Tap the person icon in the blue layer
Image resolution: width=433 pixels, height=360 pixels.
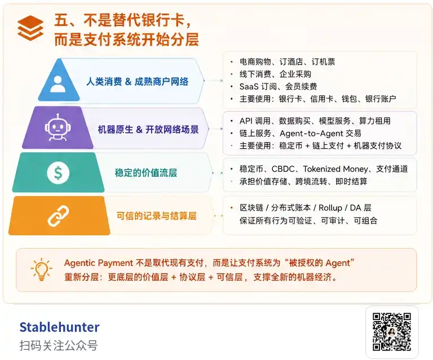coord(57,83)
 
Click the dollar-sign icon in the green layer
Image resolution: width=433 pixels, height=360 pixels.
coord(58,172)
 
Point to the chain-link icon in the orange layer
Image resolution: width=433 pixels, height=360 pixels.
coord(58,215)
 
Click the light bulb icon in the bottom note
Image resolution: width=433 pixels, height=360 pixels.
coord(42,270)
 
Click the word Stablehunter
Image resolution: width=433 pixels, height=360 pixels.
coord(59,327)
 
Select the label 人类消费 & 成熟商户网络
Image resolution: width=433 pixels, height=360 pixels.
coord(138,82)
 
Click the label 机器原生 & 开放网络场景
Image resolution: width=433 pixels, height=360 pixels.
coord(148,129)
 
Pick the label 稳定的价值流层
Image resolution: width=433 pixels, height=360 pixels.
coord(145,172)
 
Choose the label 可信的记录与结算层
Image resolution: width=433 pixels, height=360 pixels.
coord(156,215)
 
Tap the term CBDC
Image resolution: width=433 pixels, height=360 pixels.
coord(283,169)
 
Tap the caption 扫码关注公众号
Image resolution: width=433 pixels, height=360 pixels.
coord(58,345)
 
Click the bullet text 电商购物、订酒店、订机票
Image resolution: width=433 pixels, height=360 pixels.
coord(287,61)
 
